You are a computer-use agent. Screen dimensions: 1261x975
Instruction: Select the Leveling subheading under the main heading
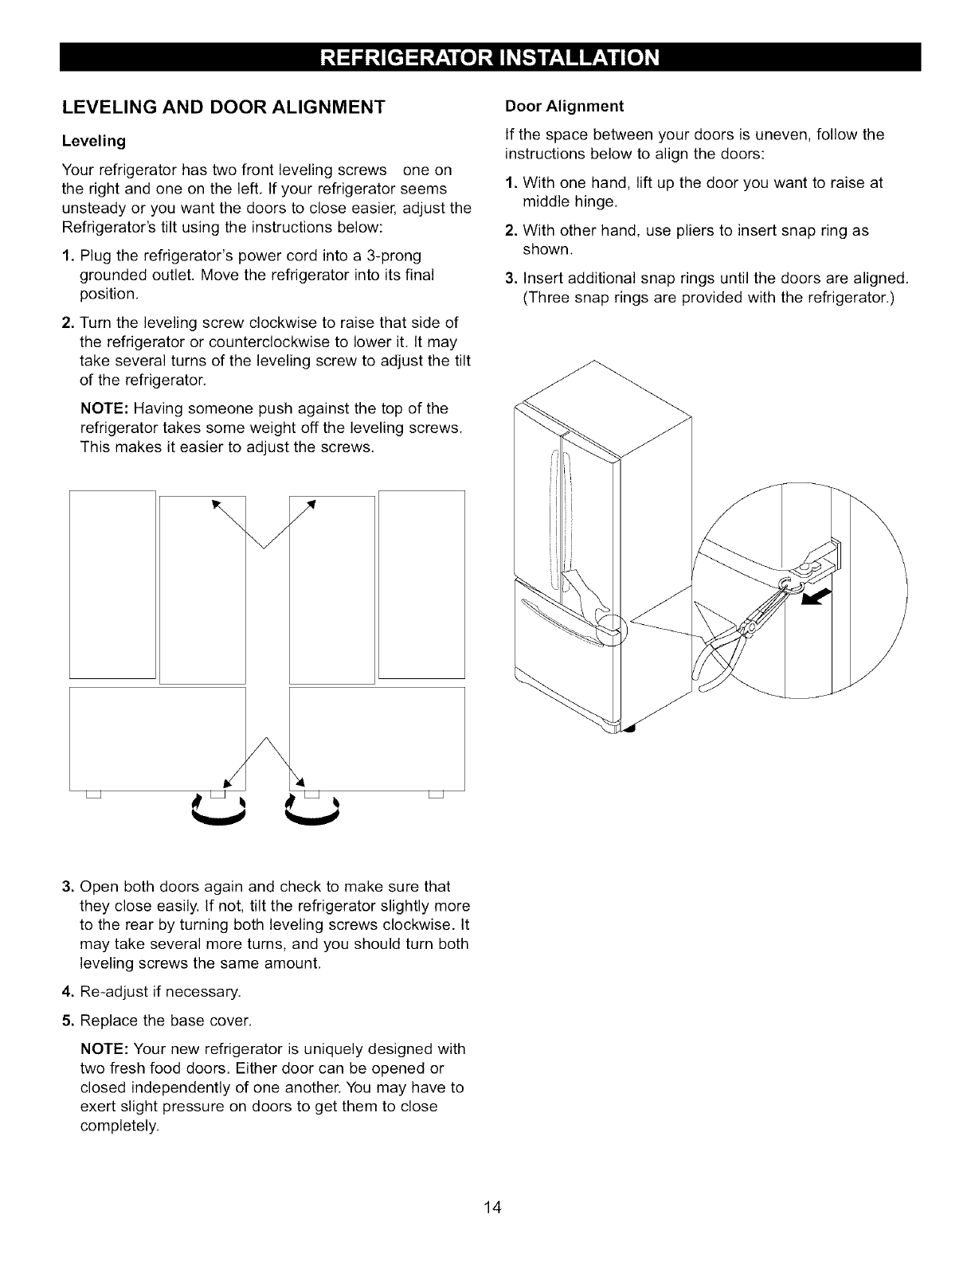tap(94, 141)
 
